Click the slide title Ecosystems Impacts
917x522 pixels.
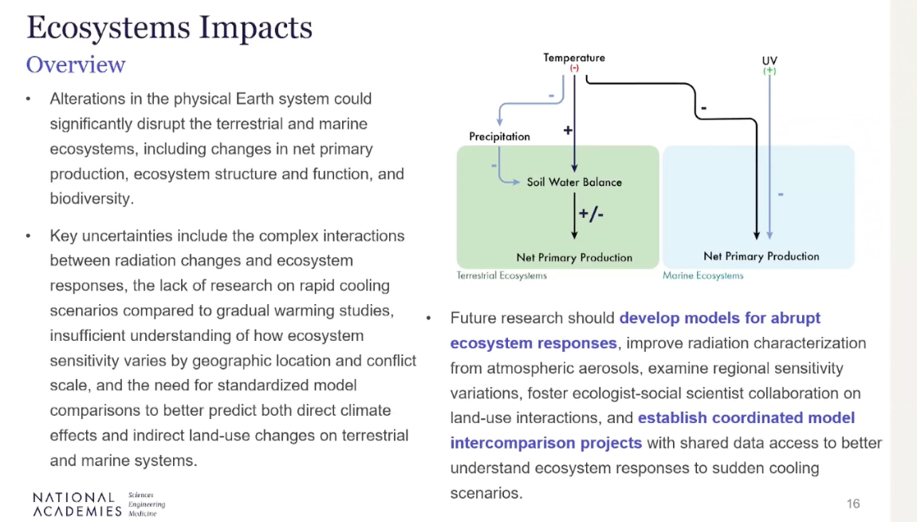(170, 28)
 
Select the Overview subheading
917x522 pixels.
(76, 65)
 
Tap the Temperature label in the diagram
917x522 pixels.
(573, 57)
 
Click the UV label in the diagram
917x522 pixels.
(769, 61)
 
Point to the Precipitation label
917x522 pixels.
(499, 136)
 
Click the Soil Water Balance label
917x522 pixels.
(574, 182)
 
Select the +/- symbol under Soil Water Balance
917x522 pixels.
(591, 214)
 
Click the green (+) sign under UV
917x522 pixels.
(769, 71)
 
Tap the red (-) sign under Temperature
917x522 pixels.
(574, 68)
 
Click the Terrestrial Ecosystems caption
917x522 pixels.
(502, 275)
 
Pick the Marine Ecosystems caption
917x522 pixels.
(703, 275)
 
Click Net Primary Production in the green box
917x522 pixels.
(574, 258)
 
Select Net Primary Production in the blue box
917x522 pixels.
(762, 256)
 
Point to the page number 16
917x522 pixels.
(853, 504)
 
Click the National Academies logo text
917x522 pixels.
(77, 504)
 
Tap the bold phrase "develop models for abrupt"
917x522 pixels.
(720, 318)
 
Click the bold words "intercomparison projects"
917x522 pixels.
(546, 443)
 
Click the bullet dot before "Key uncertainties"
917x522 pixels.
(28, 236)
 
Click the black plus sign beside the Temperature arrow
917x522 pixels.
(567, 130)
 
